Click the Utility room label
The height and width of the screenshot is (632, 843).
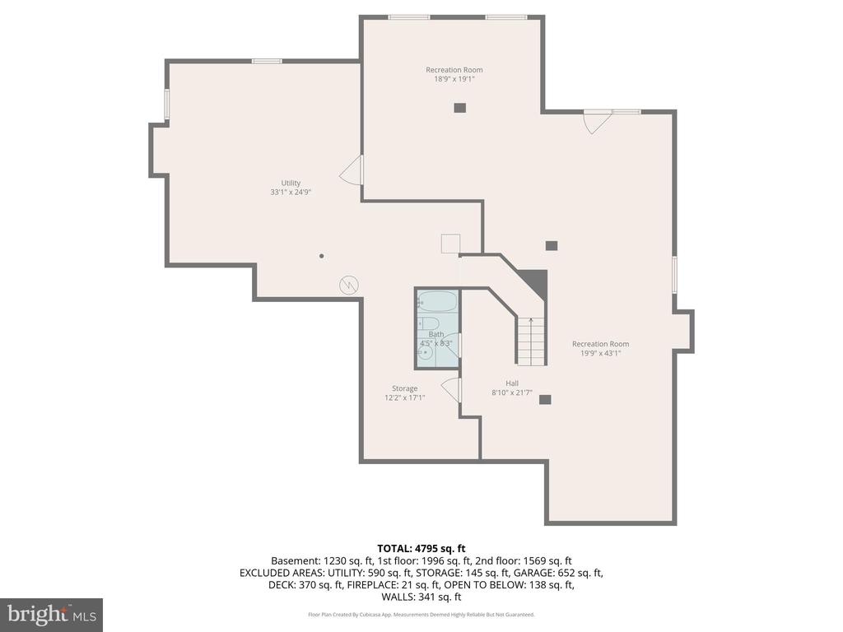pyautogui.click(x=291, y=183)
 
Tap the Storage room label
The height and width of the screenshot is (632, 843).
pyautogui.click(x=404, y=388)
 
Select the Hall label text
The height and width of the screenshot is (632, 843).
pyautogui.click(x=512, y=383)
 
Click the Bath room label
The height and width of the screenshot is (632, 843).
pyautogui.click(x=436, y=334)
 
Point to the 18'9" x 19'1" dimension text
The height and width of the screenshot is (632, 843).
pyautogui.click(x=454, y=79)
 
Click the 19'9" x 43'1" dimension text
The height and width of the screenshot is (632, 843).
pyautogui.click(x=600, y=353)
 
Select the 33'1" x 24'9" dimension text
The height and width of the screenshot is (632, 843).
pyautogui.click(x=291, y=192)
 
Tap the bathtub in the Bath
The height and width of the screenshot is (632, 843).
pyautogui.click(x=438, y=301)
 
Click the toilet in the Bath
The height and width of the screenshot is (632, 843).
pyautogui.click(x=428, y=323)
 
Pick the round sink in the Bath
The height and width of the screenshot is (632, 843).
pyautogui.click(x=426, y=353)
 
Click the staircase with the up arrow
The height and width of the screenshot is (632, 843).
pyautogui.click(x=531, y=341)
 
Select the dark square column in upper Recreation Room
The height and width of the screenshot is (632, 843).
pyautogui.click(x=459, y=108)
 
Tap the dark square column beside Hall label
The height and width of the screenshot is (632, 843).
pyautogui.click(x=545, y=399)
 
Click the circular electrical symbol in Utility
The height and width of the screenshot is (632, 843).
pyautogui.click(x=349, y=285)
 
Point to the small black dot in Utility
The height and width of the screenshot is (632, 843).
pyautogui.click(x=322, y=256)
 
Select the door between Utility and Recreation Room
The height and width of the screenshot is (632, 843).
pyautogui.click(x=351, y=170)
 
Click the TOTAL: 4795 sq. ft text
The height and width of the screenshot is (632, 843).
pyautogui.click(x=421, y=549)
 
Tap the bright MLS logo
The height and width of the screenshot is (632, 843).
pyautogui.click(x=51, y=615)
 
